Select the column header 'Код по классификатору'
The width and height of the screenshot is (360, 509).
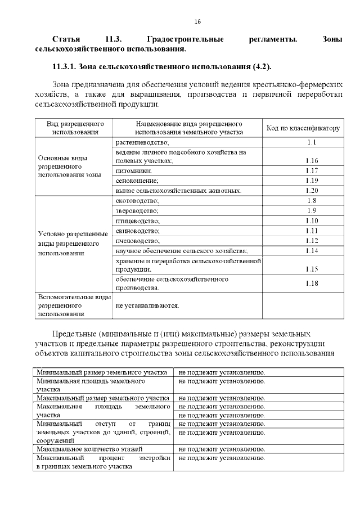click(303, 128)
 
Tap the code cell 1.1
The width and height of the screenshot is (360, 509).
click(312, 142)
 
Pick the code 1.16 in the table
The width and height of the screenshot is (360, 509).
click(312, 161)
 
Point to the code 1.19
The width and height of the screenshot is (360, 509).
click(312, 181)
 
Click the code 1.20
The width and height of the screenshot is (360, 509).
click(312, 191)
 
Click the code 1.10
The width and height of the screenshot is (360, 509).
click(312, 220)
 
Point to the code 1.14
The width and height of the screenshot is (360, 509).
click(312, 250)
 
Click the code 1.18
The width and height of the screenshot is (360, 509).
click(312, 283)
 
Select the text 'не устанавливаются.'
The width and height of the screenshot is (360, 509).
click(147, 305)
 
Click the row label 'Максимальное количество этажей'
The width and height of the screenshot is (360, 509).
click(88, 449)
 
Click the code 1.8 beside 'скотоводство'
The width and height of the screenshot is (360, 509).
click(312, 201)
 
